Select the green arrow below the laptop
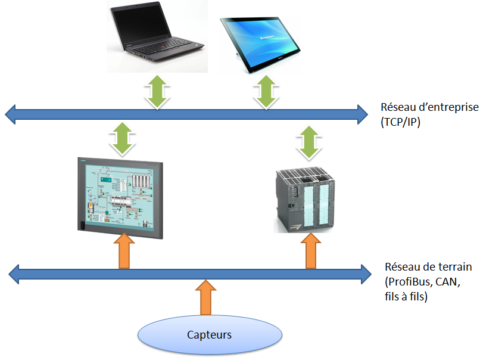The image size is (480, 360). click(x=156, y=91)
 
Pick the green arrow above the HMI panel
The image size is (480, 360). click(x=121, y=138)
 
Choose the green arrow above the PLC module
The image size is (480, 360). click(x=308, y=142)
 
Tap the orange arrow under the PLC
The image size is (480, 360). click(x=310, y=252)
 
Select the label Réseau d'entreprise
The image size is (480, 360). click(x=429, y=108)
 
